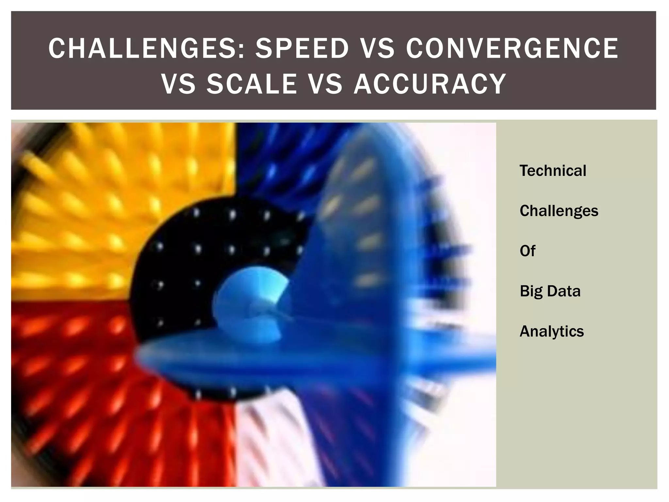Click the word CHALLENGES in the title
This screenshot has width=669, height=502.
144,48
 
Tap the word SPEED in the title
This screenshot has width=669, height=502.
302,48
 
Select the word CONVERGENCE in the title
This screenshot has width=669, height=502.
512,48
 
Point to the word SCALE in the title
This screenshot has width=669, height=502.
252,84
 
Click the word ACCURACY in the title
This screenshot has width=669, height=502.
430,84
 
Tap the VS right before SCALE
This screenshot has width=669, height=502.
178,84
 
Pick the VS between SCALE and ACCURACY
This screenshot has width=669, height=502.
325,84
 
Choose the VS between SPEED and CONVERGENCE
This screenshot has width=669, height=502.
377,48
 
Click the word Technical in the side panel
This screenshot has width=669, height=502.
553,171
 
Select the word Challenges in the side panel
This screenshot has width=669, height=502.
559,211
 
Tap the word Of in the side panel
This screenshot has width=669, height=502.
527,251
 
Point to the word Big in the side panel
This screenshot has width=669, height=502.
531,291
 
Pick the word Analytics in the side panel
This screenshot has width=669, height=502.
551,331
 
